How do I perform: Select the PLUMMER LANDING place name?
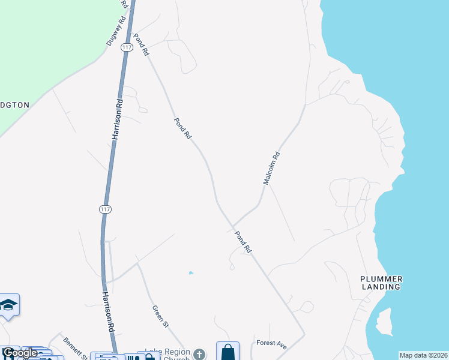click(381, 283)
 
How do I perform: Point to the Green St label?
click(160, 316)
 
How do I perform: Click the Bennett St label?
click(75, 347)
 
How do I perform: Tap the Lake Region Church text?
click(167, 353)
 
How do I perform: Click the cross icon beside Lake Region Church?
click(200, 354)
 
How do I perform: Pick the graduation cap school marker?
click(9, 306)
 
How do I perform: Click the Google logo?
click(19, 353)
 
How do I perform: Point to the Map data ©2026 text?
click(424, 355)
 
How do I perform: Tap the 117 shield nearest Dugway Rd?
click(126, 47)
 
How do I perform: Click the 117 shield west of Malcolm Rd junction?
click(106, 209)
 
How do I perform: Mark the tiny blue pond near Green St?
click(191, 273)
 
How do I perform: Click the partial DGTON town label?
click(14, 104)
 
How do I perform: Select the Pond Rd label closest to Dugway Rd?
click(141, 45)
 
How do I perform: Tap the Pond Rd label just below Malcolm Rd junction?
click(243, 242)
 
